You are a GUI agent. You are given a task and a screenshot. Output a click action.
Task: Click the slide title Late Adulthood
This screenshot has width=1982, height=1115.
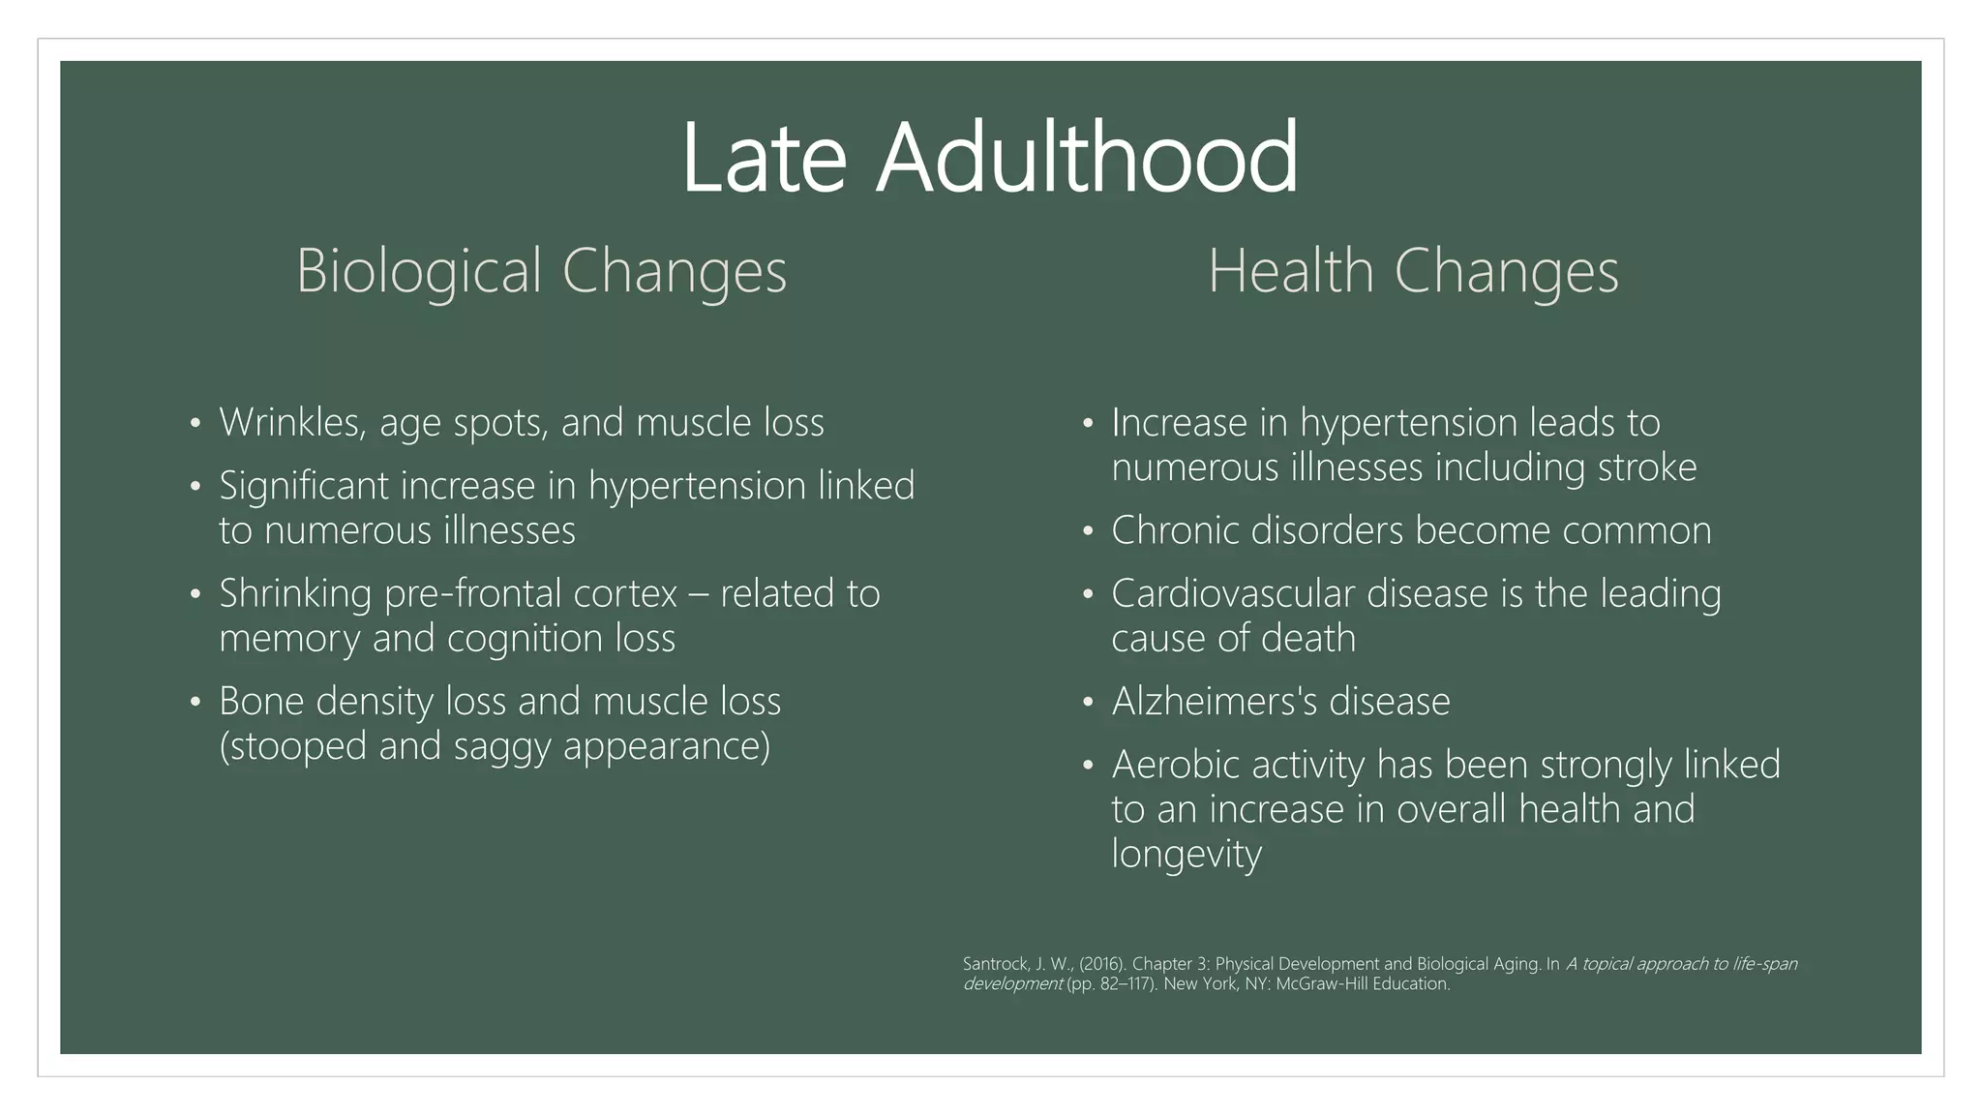[x=989, y=158]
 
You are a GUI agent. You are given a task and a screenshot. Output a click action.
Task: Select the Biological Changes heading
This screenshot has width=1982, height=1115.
[x=541, y=270]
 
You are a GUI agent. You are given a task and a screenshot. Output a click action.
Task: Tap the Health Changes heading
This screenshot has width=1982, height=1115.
[x=1413, y=270]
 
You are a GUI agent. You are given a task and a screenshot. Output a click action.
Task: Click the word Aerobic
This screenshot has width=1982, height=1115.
[x=1174, y=765]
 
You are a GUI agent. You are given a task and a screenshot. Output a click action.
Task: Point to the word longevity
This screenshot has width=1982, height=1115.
[x=1186, y=855]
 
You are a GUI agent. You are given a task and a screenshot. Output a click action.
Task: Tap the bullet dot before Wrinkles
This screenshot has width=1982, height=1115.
[x=195, y=424]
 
